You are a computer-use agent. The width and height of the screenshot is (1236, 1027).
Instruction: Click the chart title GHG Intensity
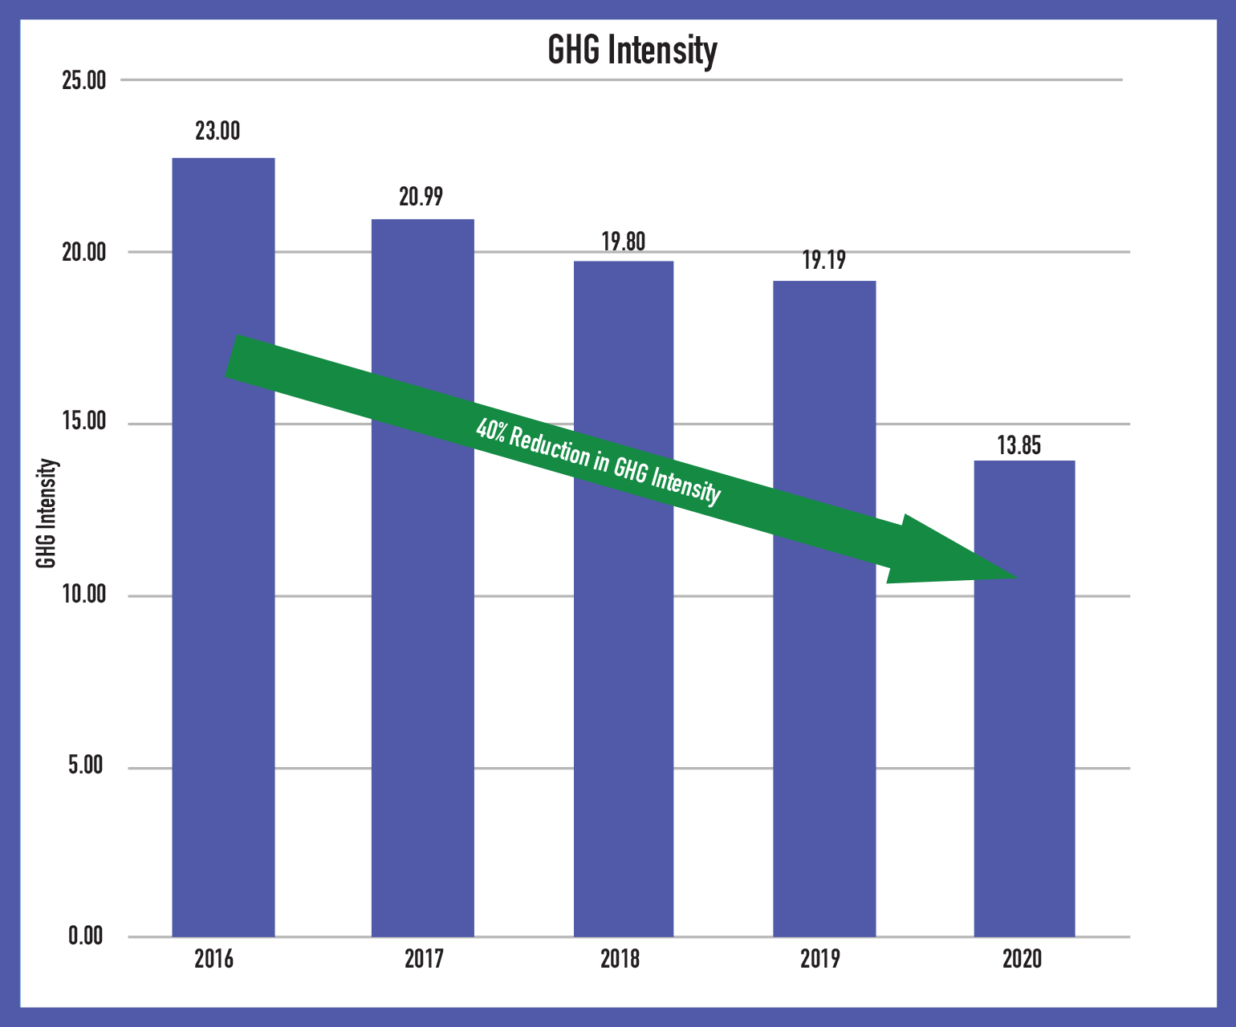click(x=632, y=51)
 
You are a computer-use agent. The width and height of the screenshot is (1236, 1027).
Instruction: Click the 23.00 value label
click(x=218, y=131)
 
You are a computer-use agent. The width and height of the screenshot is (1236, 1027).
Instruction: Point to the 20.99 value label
click(x=421, y=197)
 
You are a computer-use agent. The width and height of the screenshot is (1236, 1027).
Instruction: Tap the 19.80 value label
click(x=623, y=242)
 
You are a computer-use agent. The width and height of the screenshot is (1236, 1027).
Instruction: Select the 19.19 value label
click(x=823, y=261)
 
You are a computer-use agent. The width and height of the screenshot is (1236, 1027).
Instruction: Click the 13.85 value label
click(x=1018, y=446)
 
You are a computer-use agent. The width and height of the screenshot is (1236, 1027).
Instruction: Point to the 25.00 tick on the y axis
click(x=83, y=81)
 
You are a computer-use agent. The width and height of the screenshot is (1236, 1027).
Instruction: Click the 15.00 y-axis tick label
click(x=83, y=422)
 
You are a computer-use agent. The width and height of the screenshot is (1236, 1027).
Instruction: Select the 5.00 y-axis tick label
click(x=86, y=765)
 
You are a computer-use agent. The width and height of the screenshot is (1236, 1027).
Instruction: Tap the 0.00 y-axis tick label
click(x=86, y=936)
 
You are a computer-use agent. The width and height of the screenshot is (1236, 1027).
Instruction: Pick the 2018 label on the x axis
click(x=620, y=959)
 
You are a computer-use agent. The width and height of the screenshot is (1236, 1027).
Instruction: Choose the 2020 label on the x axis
click(x=1022, y=959)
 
